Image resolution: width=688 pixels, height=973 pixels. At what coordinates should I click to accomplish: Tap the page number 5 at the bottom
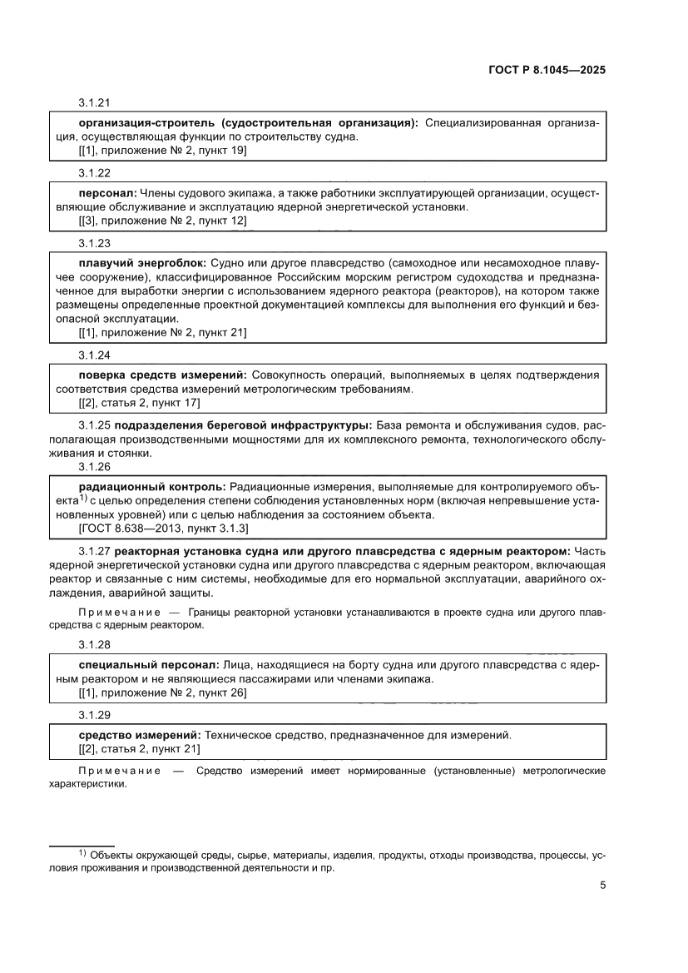[x=601, y=885]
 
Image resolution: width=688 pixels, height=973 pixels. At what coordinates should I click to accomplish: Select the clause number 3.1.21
[x=95, y=102]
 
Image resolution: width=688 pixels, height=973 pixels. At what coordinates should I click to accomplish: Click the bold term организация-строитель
[x=148, y=123]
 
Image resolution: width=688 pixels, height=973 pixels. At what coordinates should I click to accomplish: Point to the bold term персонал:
[x=107, y=193]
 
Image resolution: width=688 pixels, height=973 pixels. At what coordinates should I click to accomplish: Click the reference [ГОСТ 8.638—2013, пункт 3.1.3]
[x=163, y=528]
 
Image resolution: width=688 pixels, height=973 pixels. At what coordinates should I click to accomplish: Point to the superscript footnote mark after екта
[x=83, y=498]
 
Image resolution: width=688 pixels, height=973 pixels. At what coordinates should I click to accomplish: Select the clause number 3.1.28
[x=95, y=644]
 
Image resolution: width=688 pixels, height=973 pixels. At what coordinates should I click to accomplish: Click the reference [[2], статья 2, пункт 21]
[x=139, y=749]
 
